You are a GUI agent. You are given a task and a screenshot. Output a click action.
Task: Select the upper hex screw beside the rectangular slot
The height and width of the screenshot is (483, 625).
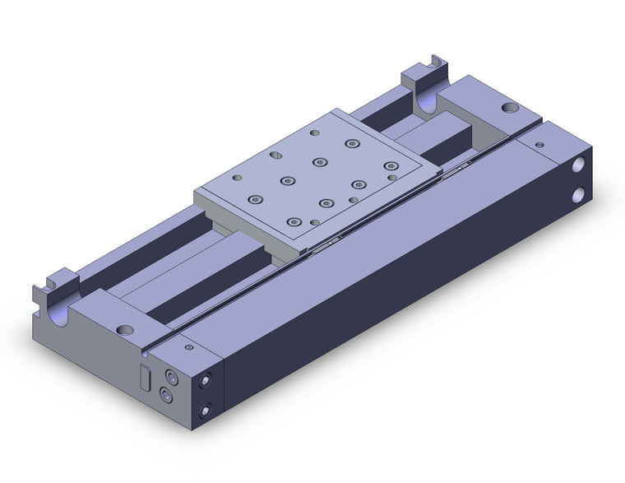point(171,375)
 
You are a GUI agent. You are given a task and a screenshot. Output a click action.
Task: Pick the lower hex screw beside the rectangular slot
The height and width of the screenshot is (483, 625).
point(169,394)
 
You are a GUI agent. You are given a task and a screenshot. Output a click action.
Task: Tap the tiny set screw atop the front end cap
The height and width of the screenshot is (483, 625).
point(190,348)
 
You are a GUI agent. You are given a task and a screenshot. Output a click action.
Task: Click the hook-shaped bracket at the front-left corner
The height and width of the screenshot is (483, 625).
point(49,286)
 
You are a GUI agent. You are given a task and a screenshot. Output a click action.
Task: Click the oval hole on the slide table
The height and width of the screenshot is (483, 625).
point(392,175)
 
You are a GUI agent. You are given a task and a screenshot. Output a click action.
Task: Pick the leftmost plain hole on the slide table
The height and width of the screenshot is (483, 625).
point(238,177)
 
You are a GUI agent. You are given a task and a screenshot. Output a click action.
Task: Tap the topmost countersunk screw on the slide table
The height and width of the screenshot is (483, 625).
point(352,143)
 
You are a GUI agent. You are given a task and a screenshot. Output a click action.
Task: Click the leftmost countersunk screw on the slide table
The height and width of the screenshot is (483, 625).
point(256,199)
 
